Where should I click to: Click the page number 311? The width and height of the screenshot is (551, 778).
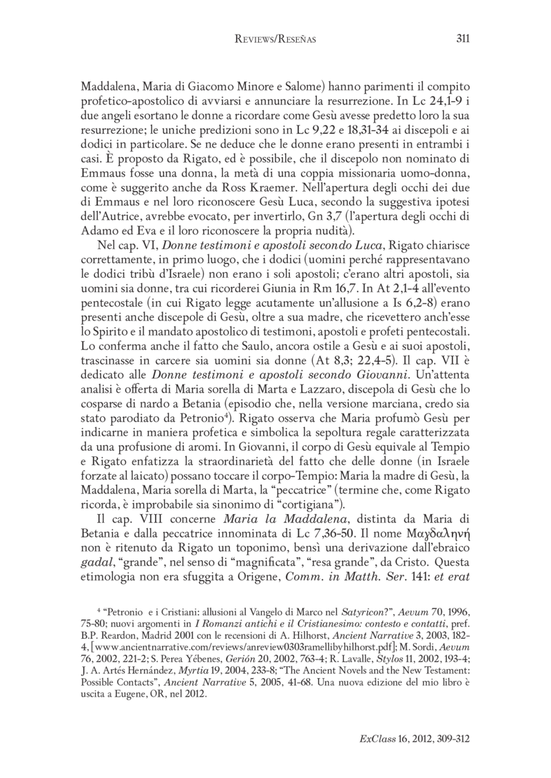click(x=462, y=40)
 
